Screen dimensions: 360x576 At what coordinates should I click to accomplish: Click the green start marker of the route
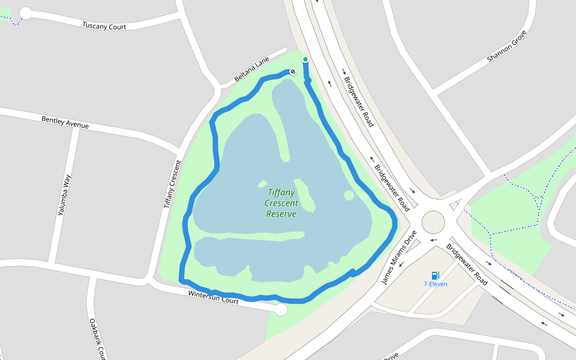click(305, 59)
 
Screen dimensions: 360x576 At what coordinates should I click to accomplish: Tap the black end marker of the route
click(293, 72)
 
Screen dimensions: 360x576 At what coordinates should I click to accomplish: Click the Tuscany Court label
click(104, 26)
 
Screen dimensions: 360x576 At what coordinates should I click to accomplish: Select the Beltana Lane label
click(252, 71)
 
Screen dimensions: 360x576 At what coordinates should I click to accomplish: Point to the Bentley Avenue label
click(65, 122)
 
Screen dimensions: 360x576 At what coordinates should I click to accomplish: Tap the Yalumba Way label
click(64, 195)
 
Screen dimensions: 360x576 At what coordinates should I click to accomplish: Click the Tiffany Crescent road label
click(172, 184)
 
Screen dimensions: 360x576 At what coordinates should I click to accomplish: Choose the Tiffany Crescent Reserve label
click(281, 203)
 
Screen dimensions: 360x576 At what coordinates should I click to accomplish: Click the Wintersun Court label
click(213, 298)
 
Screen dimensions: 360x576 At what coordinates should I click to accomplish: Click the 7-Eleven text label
click(435, 284)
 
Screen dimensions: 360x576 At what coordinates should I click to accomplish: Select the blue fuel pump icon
click(435, 275)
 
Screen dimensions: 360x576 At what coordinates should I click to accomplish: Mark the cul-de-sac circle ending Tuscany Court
click(26, 13)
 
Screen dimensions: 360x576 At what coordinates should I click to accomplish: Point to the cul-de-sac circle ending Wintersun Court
click(280, 310)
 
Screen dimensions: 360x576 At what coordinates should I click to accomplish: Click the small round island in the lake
click(349, 196)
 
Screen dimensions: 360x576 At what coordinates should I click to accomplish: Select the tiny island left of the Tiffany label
click(262, 184)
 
